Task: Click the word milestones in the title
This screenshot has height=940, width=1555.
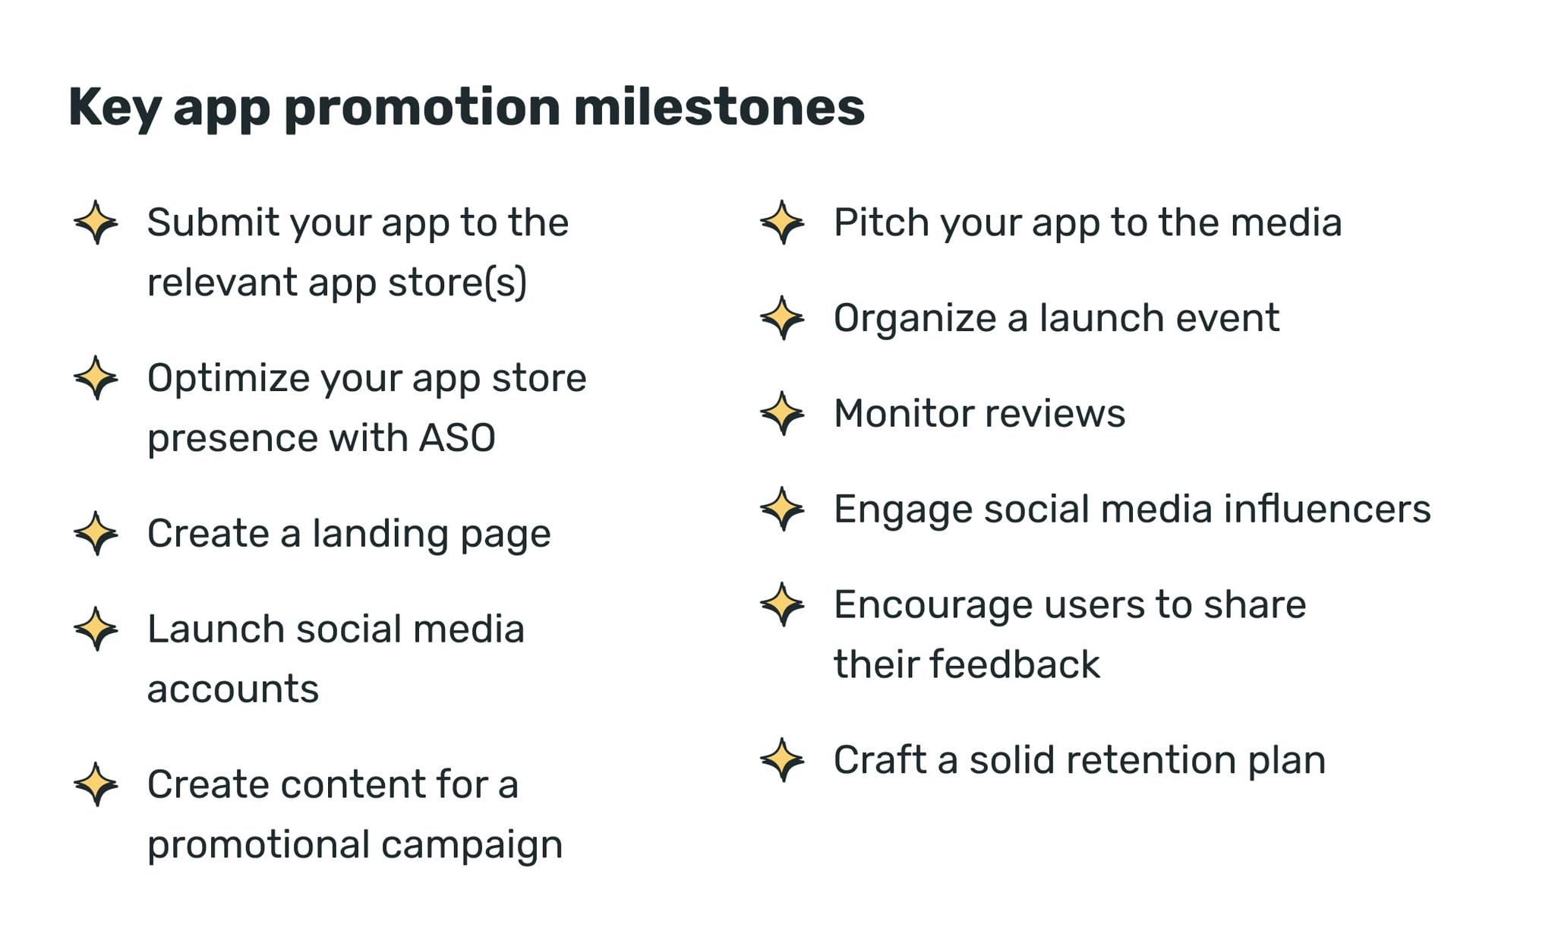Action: pyautogui.click(x=718, y=107)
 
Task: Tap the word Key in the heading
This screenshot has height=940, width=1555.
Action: pyautogui.click(x=114, y=107)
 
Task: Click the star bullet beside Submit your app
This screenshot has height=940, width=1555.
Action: pyautogui.click(x=96, y=222)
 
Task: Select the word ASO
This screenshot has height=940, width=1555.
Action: pyautogui.click(x=457, y=438)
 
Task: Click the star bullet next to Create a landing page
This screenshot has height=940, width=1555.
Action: pyautogui.click(x=96, y=533)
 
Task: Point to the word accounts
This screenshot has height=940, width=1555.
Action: pyautogui.click(x=232, y=689)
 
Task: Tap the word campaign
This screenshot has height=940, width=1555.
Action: pyautogui.click(x=472, y=845)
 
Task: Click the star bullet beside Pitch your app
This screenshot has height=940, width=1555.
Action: pyautogui.click(x=782, y=222)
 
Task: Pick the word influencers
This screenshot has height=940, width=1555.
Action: pyautogui.click(x=1326, y=509)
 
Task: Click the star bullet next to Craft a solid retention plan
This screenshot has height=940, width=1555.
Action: pyautogui.click(x=782, y=759)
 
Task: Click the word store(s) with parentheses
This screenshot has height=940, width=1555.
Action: pyautogui.click(x=457, y=282)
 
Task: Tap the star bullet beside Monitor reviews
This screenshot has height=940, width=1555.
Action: pyautogui.click(x=782, y=414)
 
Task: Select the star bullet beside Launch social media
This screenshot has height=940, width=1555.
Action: pyautogui.click(x=96, y=629)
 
